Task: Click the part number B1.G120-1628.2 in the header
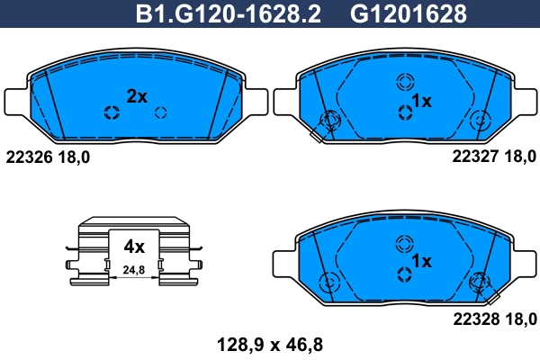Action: click(227, 14)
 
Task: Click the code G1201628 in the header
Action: click(408, 14)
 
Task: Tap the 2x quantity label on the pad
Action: click(137, 96)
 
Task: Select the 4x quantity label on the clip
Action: click(134, 245)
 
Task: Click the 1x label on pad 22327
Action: click(422, 102)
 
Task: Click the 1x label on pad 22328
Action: click(422, 260)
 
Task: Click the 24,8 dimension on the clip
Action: click(134, 268)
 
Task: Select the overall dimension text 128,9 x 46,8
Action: click(270, 343)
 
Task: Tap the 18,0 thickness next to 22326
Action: click(74, 155)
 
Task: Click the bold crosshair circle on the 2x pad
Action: click(112, 112)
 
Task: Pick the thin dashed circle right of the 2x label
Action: click(162, 112)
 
